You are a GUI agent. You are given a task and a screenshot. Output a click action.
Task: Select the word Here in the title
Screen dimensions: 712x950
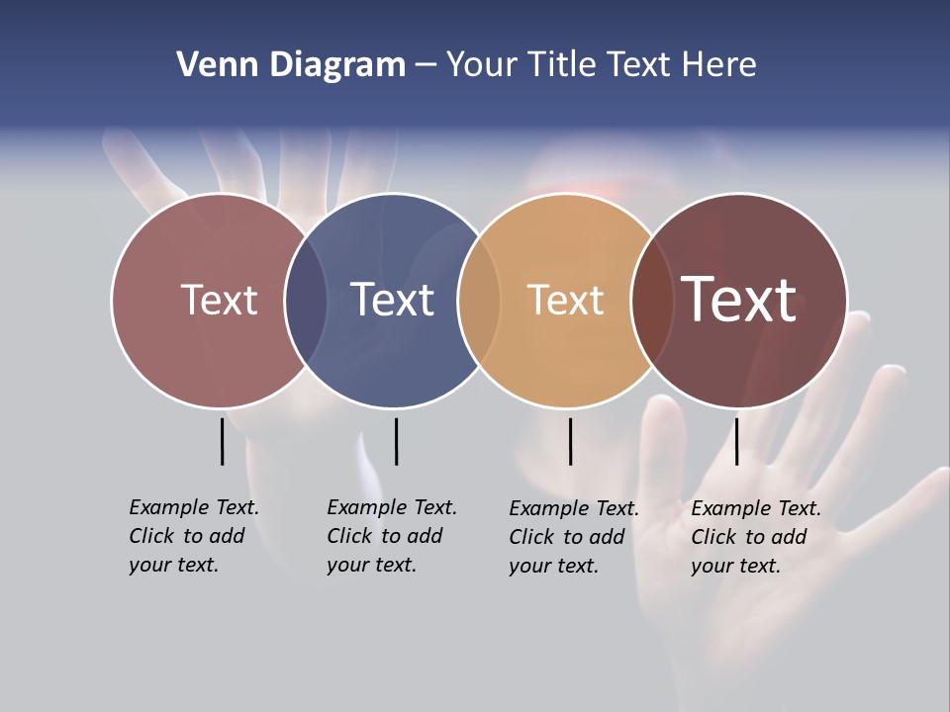click(719, 65)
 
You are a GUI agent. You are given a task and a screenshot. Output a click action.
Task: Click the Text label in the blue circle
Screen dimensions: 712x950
click(393, 300)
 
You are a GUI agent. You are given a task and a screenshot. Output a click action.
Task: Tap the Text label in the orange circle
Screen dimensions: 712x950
click(565, 300)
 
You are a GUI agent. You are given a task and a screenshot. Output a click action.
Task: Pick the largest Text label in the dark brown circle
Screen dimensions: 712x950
click(739, 300)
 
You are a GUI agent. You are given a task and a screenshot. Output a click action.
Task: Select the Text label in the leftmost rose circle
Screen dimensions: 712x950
click(219, 300)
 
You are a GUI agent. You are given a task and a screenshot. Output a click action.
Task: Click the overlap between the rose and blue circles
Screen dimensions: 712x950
click(306, 300)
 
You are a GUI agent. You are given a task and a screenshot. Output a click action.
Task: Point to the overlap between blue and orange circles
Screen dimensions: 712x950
click(479, 300)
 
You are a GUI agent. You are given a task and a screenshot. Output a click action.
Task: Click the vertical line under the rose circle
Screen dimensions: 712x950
click(223, 441)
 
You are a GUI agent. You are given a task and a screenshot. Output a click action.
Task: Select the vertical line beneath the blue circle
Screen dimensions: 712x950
click(396, 441)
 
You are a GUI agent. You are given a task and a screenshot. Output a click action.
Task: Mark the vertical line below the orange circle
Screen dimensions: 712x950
click(571, 441)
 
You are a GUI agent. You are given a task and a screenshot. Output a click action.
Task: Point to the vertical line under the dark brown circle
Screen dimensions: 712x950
click(736, 441)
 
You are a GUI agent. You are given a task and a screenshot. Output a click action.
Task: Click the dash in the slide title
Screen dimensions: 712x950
click(426, 66)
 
